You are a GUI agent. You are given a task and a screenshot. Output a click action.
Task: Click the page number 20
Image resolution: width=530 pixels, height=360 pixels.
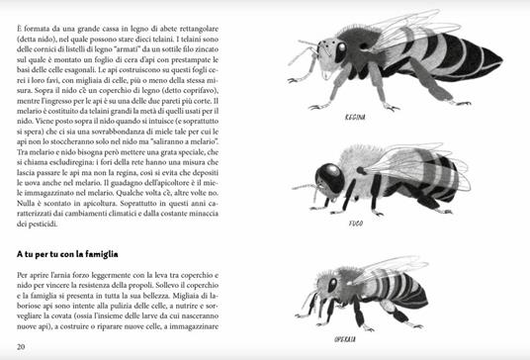(22, 345)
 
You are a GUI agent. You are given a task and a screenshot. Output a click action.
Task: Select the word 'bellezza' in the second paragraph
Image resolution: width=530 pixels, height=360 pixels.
(168, 297)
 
